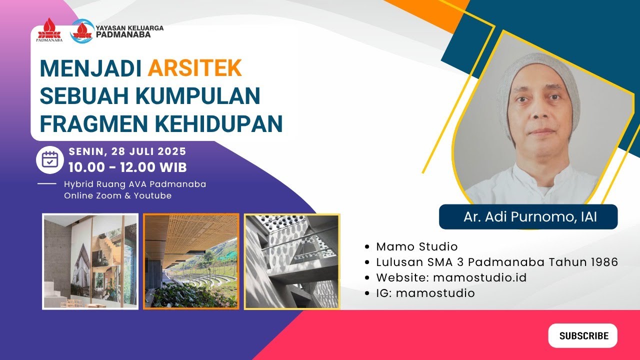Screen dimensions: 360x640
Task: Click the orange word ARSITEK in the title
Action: point(194,68)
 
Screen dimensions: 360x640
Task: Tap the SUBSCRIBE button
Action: point(583,335)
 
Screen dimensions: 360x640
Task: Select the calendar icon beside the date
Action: point(49,159)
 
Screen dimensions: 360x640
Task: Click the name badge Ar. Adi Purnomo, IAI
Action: point(528,217)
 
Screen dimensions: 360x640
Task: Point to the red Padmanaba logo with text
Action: point(49,31)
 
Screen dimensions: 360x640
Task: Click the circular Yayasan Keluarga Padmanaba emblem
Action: point(82,30)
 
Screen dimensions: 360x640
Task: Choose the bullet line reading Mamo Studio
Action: point(416,246)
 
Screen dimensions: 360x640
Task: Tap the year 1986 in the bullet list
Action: point(602,262)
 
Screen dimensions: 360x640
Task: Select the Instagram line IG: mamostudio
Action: point(425,293)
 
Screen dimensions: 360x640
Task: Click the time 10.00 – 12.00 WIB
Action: point(127,166)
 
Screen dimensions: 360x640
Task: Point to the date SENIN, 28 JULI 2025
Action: point(127,151)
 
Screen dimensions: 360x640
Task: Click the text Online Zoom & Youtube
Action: point(117,195)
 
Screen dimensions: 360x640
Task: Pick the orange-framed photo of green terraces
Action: point(191,261)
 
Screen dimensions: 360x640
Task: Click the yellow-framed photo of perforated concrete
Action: point(292,261)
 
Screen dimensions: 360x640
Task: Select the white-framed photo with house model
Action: point(90,261)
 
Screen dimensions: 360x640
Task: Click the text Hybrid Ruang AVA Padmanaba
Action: point(135,184)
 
